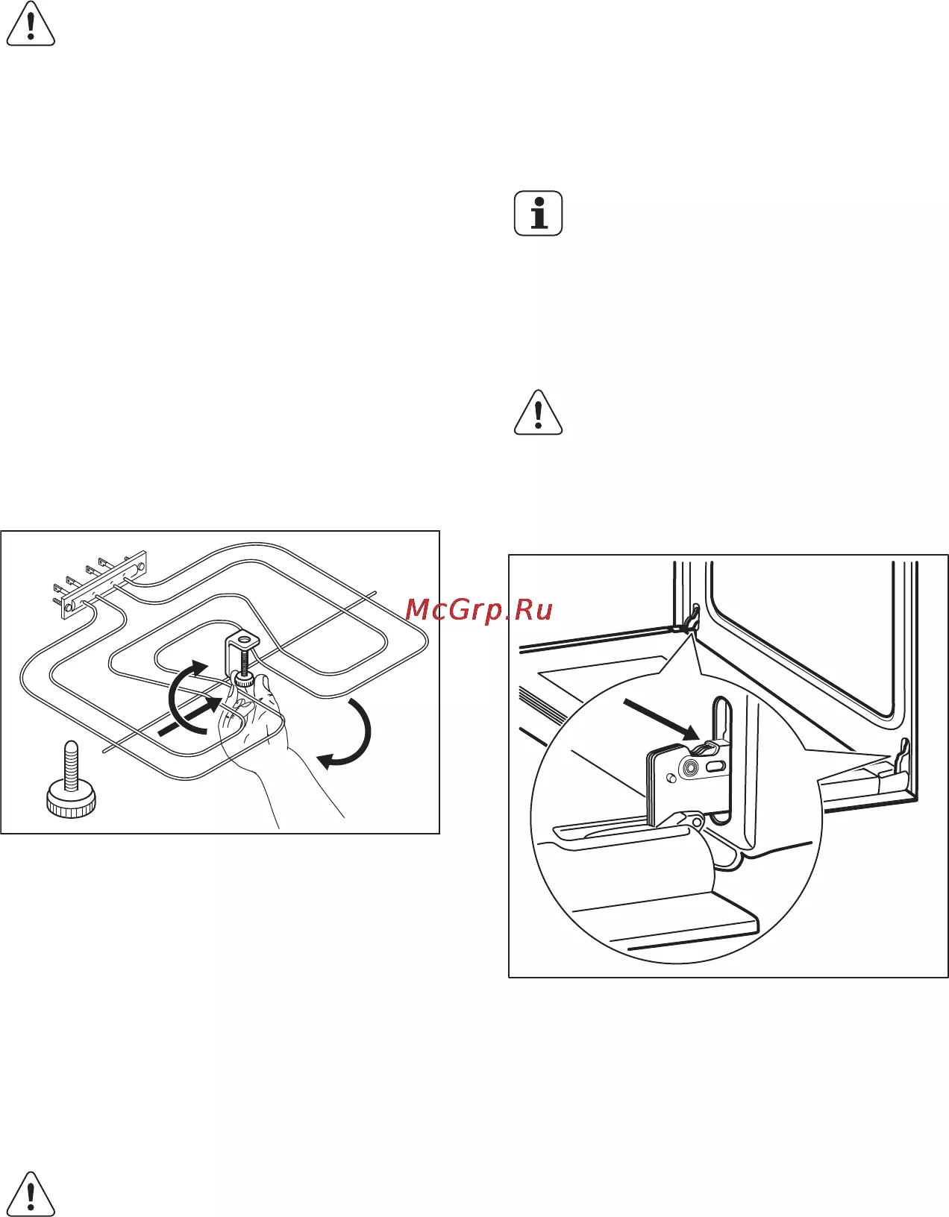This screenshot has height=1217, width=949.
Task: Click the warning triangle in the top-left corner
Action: pos(31,25)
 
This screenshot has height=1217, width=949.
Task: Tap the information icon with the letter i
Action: pos(538,213)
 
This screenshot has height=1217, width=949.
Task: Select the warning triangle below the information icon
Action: pos(539,413)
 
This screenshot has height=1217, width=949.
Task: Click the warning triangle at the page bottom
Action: pos(31,1195)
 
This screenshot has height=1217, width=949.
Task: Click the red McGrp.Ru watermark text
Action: pos(479,609)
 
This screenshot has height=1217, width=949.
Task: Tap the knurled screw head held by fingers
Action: pos(244,681)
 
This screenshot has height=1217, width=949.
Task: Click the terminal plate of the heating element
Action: pos(104,584)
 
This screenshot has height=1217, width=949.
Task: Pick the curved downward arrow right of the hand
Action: pos(350,733)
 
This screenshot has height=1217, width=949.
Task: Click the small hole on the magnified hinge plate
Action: pos(669,779)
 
